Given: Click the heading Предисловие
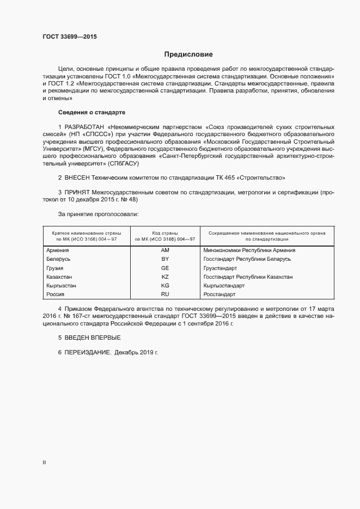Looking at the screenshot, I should point(188,54).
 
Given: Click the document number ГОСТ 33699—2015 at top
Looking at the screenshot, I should point(70,36).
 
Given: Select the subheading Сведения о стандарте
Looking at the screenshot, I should point(91,112).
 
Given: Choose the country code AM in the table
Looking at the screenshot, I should point(166,250).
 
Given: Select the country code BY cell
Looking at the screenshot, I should point(166,259).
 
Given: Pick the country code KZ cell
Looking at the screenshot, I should point(166,277).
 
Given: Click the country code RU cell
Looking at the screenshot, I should point(166,295).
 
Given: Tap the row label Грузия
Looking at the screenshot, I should point(55,268).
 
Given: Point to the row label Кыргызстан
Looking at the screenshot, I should point(62,286).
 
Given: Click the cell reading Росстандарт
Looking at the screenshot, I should point(219,295).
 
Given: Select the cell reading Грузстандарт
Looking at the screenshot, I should point(220,268).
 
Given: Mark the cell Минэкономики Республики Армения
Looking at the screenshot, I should point(249,250).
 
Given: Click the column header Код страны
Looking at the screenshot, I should point(165,232).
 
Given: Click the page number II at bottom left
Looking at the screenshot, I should point(45,462).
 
